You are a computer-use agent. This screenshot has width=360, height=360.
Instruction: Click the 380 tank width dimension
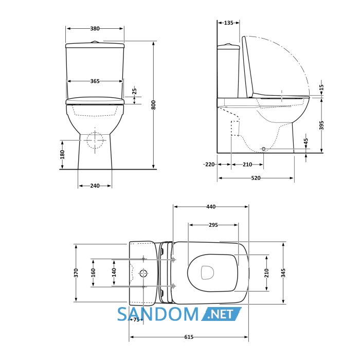click(x=95, y=28)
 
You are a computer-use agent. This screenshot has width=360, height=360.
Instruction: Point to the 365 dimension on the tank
click(x=95, y=81)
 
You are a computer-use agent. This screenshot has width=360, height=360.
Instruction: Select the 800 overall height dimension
click(x=154, y=105)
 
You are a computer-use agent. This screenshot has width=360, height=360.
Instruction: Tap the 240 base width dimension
click(x=95, y=186)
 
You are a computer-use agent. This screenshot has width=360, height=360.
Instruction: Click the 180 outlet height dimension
click(x=62, y=154)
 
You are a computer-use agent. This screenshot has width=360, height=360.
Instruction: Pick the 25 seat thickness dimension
click(x=135, y=91)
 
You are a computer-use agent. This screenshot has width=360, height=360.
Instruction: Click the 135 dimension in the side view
click(x=228, y=23)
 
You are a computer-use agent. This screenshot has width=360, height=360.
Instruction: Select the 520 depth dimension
click(x=256, y=178)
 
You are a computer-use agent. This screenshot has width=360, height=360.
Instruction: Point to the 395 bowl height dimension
click(x=321, y=125)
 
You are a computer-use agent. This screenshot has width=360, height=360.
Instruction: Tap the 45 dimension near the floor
click(x=306, y=141)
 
